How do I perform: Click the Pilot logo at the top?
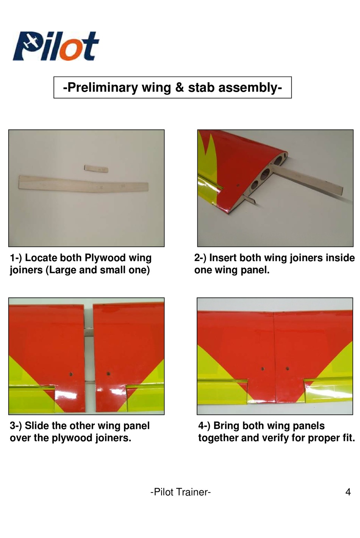56,46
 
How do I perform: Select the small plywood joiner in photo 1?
96,168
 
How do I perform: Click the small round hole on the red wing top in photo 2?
238,186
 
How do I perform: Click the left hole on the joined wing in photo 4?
263,369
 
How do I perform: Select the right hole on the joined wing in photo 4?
287,368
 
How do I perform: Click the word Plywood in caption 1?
105,258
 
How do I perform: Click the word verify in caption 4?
275,438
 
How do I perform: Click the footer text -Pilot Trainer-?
180,492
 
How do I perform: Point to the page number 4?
348,492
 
